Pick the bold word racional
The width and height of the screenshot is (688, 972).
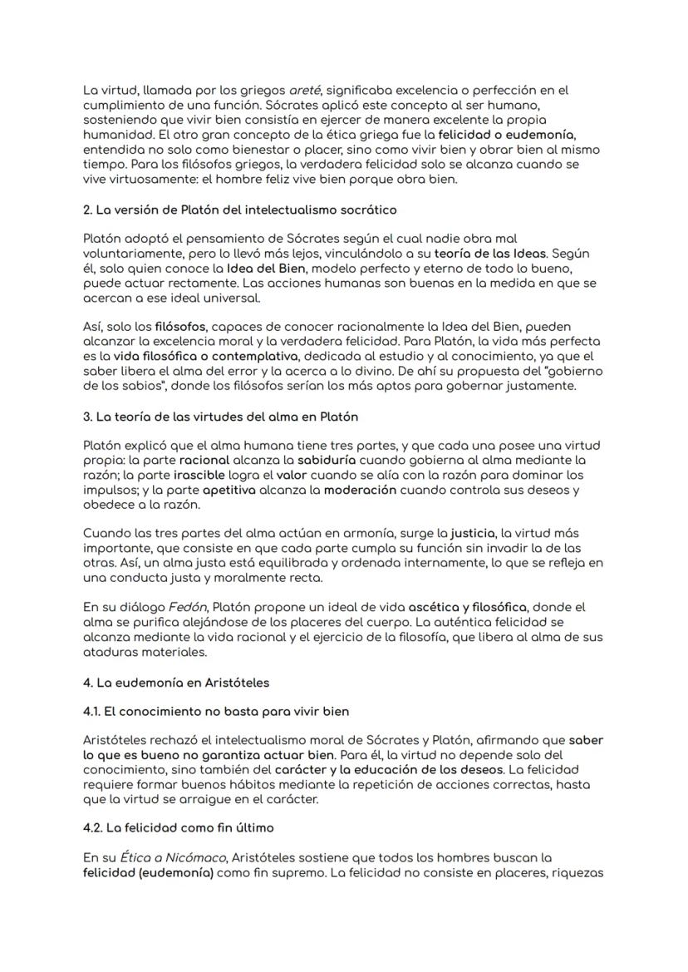point(204,459)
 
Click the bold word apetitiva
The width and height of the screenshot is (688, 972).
point(203,490)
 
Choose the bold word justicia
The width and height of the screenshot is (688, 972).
point(471,533)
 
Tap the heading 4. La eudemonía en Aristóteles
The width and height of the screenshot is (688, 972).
point(179,682)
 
